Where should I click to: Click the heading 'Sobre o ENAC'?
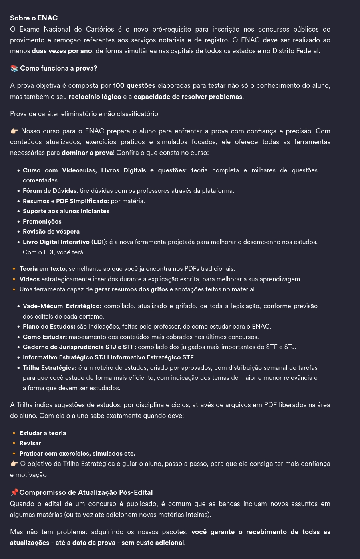pyautogui.click(x=34, y=18)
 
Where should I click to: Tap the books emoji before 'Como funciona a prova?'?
pyautogui.click(x=14, y=69)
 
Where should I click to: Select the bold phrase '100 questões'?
pyautogui.click(x=134, y=85)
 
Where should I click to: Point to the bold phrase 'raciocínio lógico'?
pyautogui.click(x=95, y=97)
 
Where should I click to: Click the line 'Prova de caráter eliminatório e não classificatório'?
pyautogui.click(x=84, y=114)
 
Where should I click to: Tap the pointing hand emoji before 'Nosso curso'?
pyautogui.click(x=14, y=131)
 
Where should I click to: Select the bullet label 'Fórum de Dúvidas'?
pyautogui.click(x=49, y=191)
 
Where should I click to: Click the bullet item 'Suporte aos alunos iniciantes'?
pyautogui.click(x=66, y=211)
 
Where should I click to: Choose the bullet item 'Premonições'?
pyautogui.click(x=42, y=222)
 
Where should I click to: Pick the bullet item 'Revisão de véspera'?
pyautogui.click(x=51, y=232)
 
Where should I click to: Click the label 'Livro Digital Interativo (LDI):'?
pyautogui.click(x=65, y=242)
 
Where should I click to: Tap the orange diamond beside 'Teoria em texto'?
pyautogui.click(x=14, y=269)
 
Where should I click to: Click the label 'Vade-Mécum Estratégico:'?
pyautogui.click(x=62, y=306)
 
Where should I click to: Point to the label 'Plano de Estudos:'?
pyautogui.click(x=49, y=327)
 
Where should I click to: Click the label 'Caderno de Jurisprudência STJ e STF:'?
pyautogui.click(x=79, y=347)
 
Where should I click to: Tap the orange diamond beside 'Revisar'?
pyautogui.click(x=14, y=443)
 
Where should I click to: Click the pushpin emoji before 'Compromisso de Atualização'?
pyautogui.click(x=14, y=492)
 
